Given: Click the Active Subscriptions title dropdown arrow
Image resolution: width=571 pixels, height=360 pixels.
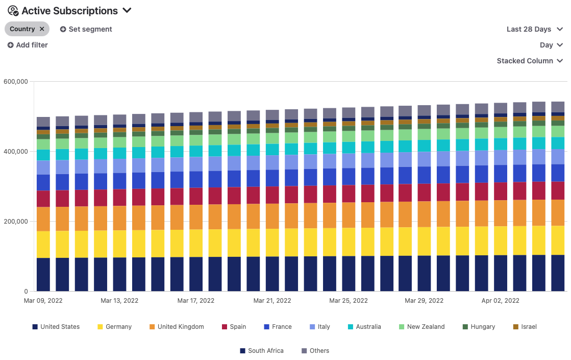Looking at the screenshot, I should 127,11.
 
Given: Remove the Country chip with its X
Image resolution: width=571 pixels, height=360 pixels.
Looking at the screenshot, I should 42,29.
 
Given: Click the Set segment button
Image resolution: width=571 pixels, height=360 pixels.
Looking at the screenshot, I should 86,29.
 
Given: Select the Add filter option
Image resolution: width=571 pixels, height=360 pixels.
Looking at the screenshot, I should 28,45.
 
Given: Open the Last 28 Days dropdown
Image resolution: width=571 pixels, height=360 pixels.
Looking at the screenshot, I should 534,29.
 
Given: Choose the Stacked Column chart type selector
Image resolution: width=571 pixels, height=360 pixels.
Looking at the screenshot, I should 530,61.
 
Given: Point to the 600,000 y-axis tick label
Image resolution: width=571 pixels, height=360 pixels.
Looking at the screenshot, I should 15,81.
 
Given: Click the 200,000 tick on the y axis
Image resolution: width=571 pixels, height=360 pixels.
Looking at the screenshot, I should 15,222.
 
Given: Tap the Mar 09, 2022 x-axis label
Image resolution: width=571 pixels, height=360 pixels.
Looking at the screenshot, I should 43,301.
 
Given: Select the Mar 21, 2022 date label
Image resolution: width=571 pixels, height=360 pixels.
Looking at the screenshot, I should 272,301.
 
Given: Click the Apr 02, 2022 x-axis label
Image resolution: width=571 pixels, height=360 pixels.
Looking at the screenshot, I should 501,301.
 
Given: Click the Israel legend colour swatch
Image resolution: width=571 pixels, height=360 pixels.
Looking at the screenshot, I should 516,327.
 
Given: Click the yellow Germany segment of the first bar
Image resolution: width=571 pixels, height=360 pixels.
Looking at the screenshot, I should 43,244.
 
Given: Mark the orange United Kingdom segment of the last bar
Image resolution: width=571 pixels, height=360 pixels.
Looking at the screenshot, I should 558,212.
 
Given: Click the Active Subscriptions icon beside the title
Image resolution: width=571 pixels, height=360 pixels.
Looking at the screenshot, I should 13,11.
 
